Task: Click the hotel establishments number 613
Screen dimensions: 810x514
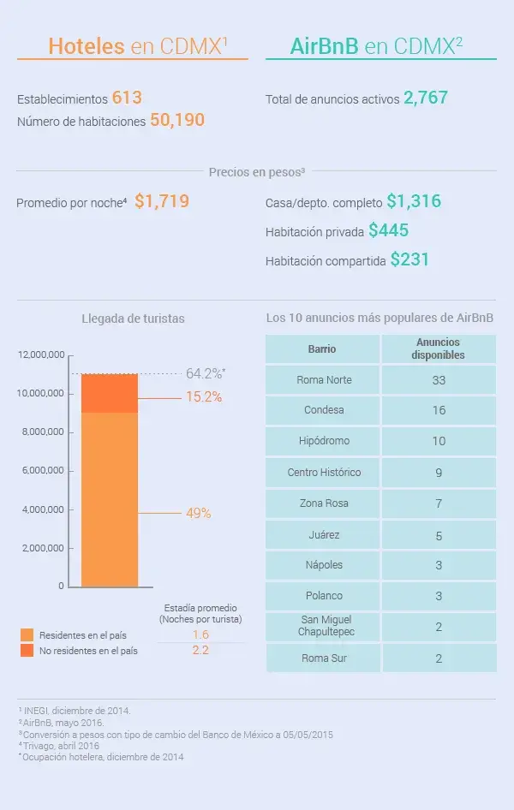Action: [126, 98]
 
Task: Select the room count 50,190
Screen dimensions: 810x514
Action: [177, 121]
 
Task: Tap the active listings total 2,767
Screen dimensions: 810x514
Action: [426, 98]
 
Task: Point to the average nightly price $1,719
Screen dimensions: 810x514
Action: [162, 202]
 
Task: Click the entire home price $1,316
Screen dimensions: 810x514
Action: [414, 202]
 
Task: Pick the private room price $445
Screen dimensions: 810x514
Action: [388, 230]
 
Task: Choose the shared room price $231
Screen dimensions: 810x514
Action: [409, 259]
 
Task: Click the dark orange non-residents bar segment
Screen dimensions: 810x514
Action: [110, 393]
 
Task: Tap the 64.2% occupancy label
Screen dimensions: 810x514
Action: [205, 373]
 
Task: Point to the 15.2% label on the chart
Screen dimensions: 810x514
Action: [204, 397]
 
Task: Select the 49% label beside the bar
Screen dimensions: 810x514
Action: [198, 513]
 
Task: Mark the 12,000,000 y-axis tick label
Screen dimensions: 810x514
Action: [40, 354]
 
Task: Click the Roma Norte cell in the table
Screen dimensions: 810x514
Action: [323, 379]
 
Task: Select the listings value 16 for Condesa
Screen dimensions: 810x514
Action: [439, 410]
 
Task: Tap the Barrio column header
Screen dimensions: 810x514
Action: [322, 349]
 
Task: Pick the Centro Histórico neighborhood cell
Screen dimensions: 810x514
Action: [324, 472]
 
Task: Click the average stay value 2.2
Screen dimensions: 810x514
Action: [200, 650]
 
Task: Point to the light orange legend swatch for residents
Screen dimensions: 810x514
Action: [27, 635]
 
